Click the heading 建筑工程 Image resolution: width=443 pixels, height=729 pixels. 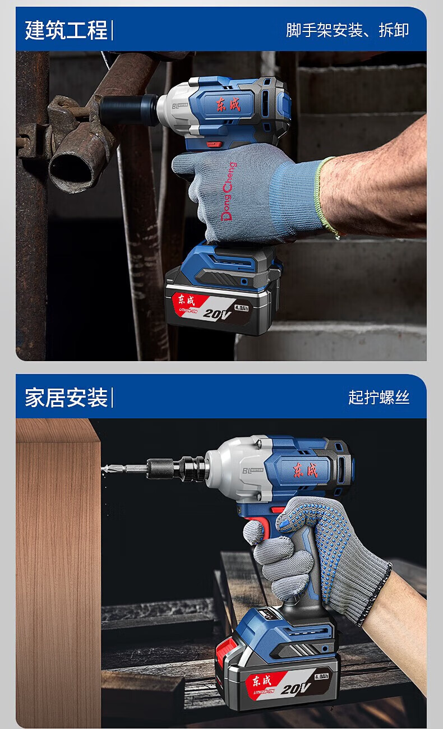point(66,30)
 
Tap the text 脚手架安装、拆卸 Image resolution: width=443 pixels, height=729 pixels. point(347,30)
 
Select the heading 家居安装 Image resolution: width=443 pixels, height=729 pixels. point(66,398)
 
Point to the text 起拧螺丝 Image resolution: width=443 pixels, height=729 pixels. point(379,398)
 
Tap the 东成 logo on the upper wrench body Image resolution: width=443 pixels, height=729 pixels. point(228,104)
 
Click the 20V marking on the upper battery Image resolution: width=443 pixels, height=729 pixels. point(217,314)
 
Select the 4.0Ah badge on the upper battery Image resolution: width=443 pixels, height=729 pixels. point(242,307)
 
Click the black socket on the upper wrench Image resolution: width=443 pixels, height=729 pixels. point(128,110)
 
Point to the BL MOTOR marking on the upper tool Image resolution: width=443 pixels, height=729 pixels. point(179,106)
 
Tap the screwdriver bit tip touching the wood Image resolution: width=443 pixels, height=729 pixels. point(104,469)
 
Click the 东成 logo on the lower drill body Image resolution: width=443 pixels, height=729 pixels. point(305,470)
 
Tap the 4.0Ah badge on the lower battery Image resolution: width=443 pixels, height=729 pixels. point(321,676)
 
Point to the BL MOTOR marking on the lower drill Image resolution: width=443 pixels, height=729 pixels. point(253,470)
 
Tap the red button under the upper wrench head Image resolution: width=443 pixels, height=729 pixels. point(214,144)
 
